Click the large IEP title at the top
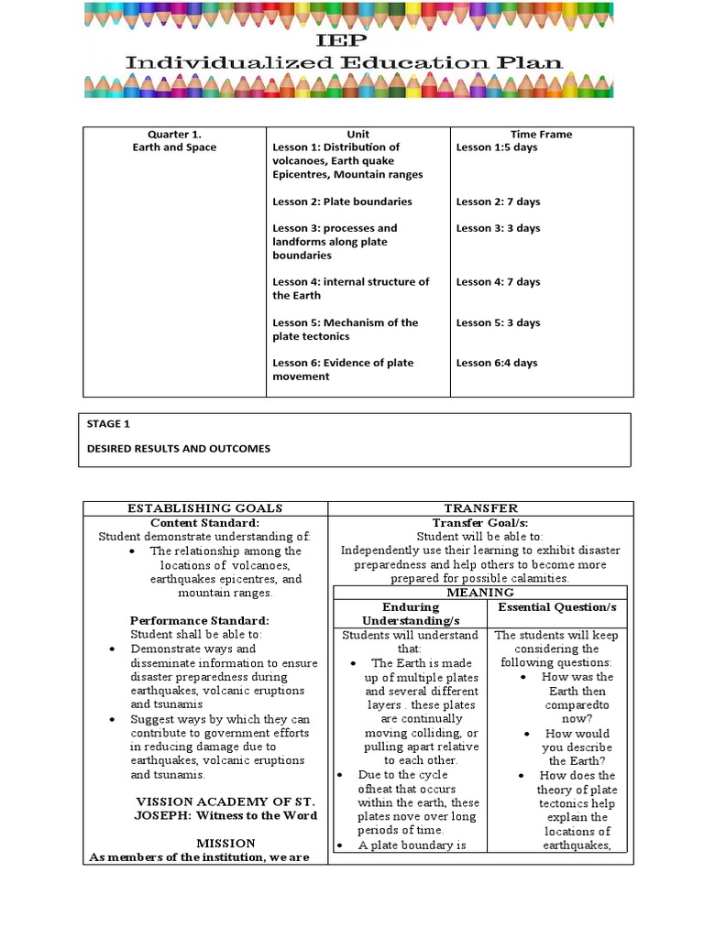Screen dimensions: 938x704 click(x=351, y=41)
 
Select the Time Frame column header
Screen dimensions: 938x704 click(x=541, y=134)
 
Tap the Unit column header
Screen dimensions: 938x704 click(x=357, y=134)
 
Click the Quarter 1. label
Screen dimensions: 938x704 click(x=173, y=134)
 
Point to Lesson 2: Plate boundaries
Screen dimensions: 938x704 click(x=342, y=202)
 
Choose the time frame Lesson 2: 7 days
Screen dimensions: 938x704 click(x=498, y=202)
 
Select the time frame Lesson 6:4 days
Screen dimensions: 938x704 click(x=497, y=363)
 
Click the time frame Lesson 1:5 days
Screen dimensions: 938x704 click(x=498, y=147)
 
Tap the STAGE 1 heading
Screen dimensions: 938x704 click(x=110, y=424)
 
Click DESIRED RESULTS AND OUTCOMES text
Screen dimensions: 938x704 click(x=179, y=449)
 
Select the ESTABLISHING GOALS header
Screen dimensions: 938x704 click(x=205, y=508)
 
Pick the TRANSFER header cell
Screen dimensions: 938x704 click(x=480, y=508)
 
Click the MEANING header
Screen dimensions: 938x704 click(x=480, y=593)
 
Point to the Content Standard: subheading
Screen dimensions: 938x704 click(x=205, y=522)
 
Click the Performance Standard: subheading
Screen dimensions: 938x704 click(x=199, y=620)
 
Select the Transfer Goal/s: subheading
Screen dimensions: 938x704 click(x=480, y=522)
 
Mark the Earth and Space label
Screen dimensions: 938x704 click(x=173, y=147)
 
